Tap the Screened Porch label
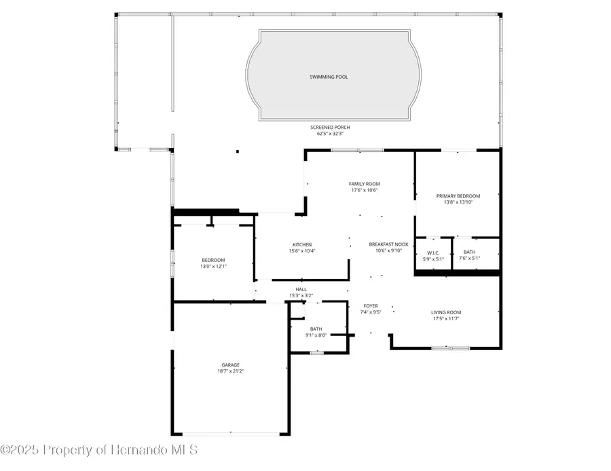click(330, 128)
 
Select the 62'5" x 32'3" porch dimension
click(330, 134)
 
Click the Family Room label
click(364, 184)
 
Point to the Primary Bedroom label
click(458, 196)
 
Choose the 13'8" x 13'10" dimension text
click(458, 202)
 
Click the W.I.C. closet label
click(433, 252)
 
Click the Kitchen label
click(302, 244)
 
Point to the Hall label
click(301, 289)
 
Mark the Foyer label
click(371, 306)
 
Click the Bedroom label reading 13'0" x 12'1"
click(213, 261)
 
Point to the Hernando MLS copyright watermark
click(99, 450)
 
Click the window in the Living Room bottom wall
click(450, 348)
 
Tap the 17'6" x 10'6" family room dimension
click(364, 190)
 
